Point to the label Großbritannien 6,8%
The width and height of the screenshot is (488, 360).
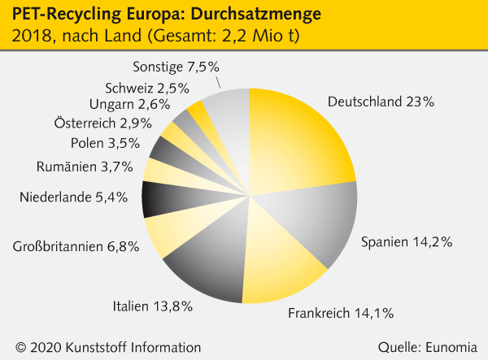click(x=75, y=246)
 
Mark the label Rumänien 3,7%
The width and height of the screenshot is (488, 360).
click(x=89, y=167)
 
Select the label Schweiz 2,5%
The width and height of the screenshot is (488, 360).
click(x=146, y=88)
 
